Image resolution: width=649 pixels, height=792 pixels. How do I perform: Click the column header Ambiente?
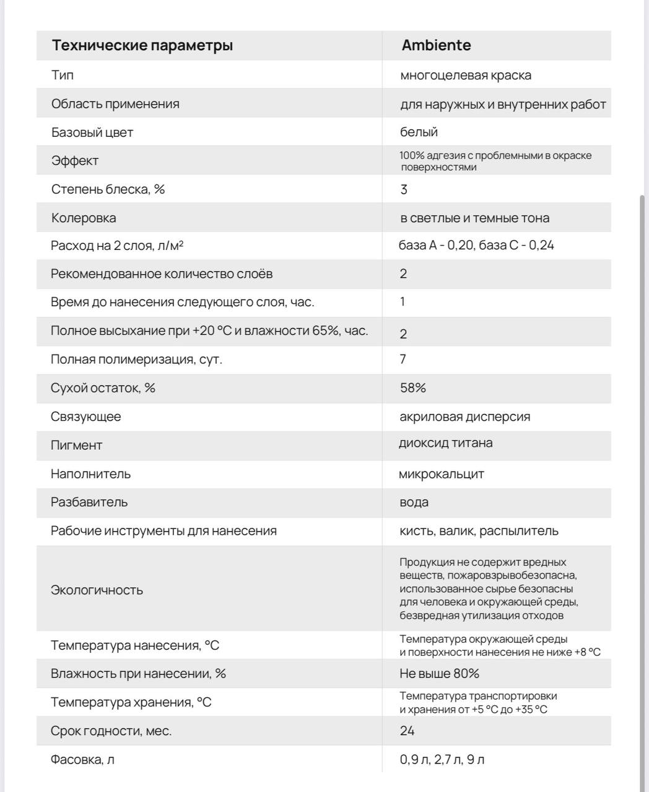(436, 45)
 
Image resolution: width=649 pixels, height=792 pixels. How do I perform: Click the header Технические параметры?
(142, 45)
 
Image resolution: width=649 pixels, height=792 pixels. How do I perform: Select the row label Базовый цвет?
(92, 132)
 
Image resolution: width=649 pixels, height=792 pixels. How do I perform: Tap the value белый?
(419, 132)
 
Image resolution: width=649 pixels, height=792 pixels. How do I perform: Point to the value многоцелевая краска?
(466, 75)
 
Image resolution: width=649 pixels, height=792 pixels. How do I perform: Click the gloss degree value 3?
(404, 189)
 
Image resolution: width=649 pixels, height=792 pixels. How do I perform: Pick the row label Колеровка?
(84, 218)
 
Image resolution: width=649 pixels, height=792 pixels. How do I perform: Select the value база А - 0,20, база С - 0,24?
(476, 245)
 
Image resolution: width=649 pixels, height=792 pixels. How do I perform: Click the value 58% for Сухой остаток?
(413, 388)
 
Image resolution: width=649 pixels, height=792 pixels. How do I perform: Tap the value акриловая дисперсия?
(465, 416)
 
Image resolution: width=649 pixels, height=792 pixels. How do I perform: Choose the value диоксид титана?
(446, 443)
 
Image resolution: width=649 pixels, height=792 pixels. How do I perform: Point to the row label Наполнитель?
(91, 474)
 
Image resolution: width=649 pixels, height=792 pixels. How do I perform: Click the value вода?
(414, 502)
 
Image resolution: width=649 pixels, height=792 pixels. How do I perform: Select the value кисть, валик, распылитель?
(479, 531)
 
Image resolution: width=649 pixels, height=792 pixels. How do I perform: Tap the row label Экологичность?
(97, 590)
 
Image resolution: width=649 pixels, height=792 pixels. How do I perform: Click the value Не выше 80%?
(440, 673)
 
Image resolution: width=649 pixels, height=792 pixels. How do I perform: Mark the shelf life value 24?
(407, 731)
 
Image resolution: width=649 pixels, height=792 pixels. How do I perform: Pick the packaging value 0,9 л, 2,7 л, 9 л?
(442, 759)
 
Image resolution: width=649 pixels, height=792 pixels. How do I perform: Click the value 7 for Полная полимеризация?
(403, 359)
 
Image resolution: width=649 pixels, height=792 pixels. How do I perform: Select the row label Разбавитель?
(89, 502)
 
